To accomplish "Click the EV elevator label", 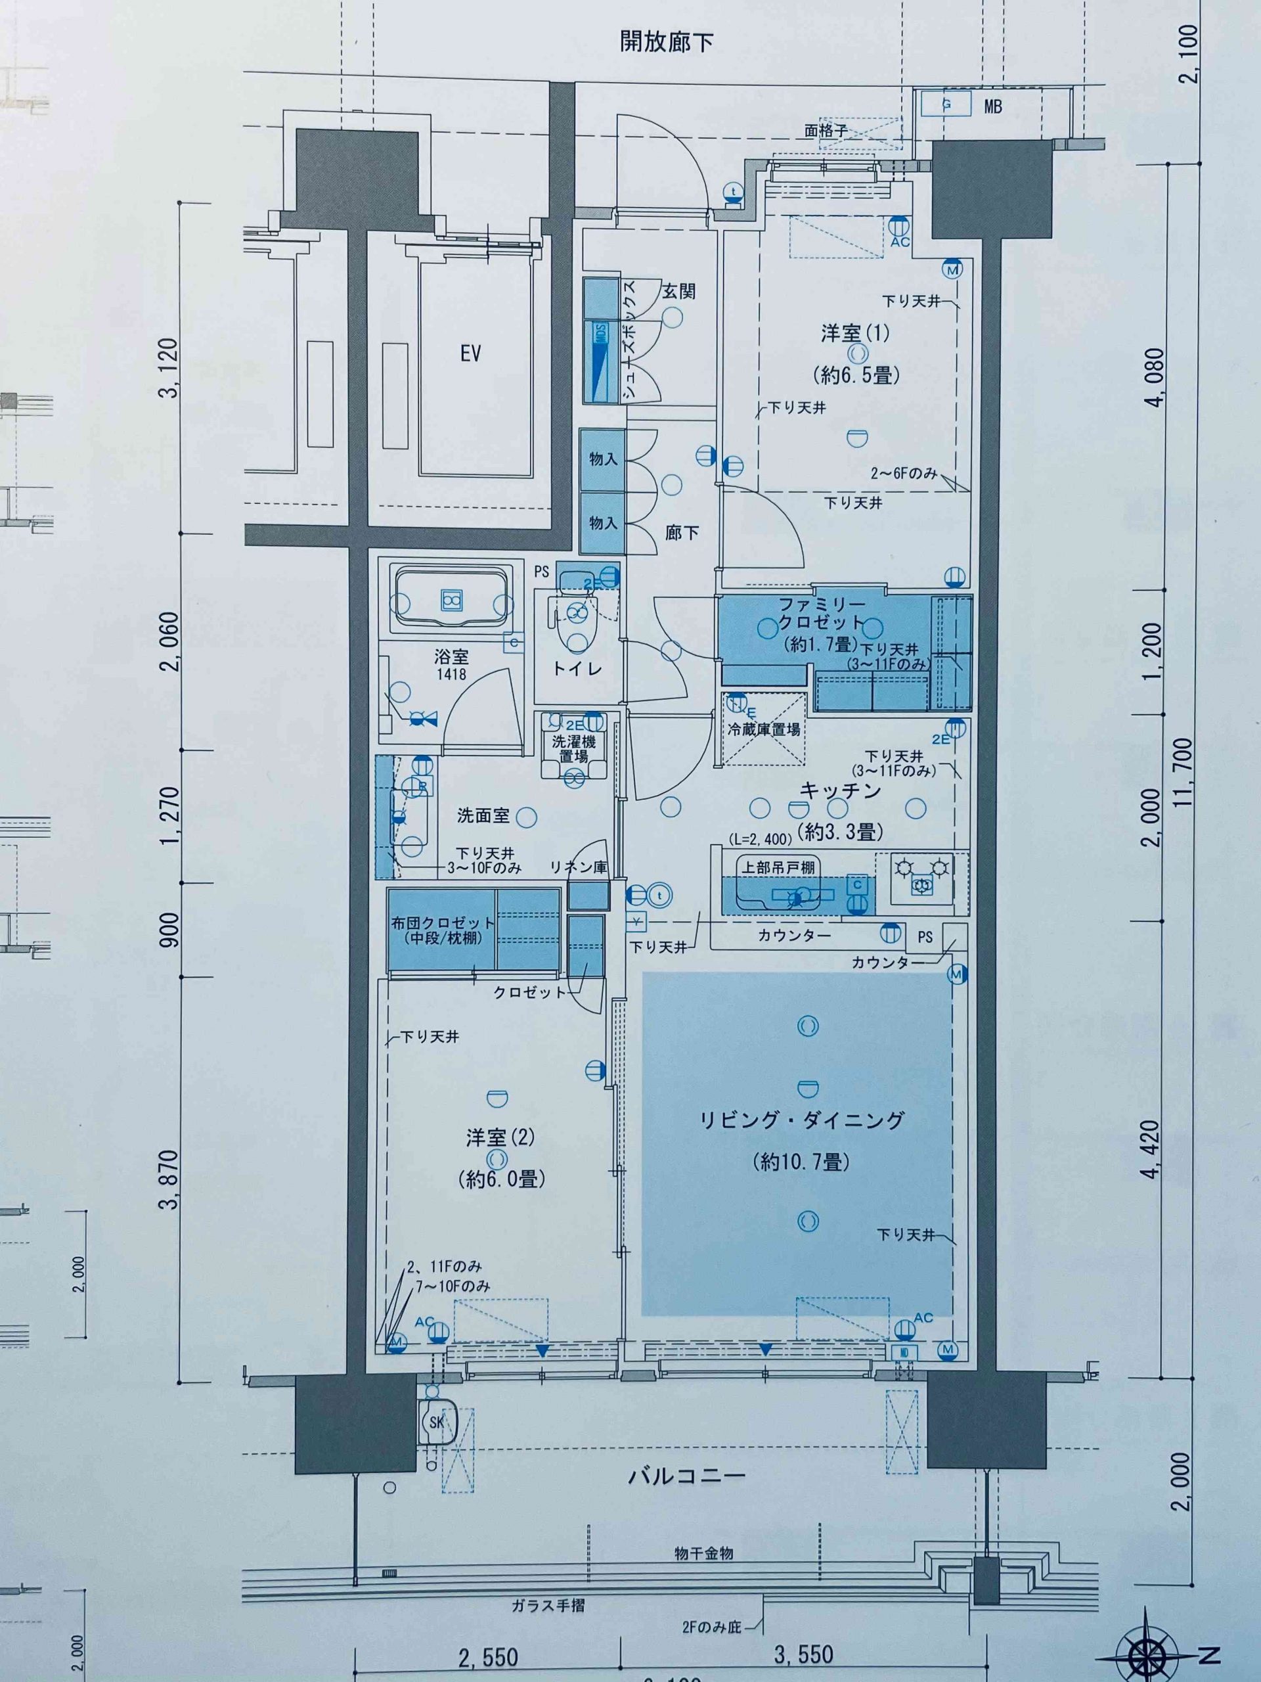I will (470, 353).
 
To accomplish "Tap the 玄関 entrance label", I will (678, 291).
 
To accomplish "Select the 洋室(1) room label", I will (854, 333).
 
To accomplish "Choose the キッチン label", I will (840, 791).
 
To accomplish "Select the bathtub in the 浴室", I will (450, 600).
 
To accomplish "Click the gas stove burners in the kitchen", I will (922, 875).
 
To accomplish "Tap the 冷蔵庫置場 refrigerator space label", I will (763, 729).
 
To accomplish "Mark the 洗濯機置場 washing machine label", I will (574, 748).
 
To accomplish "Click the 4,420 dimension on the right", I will (1153, 1149).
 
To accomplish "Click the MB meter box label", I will (992, 107).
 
